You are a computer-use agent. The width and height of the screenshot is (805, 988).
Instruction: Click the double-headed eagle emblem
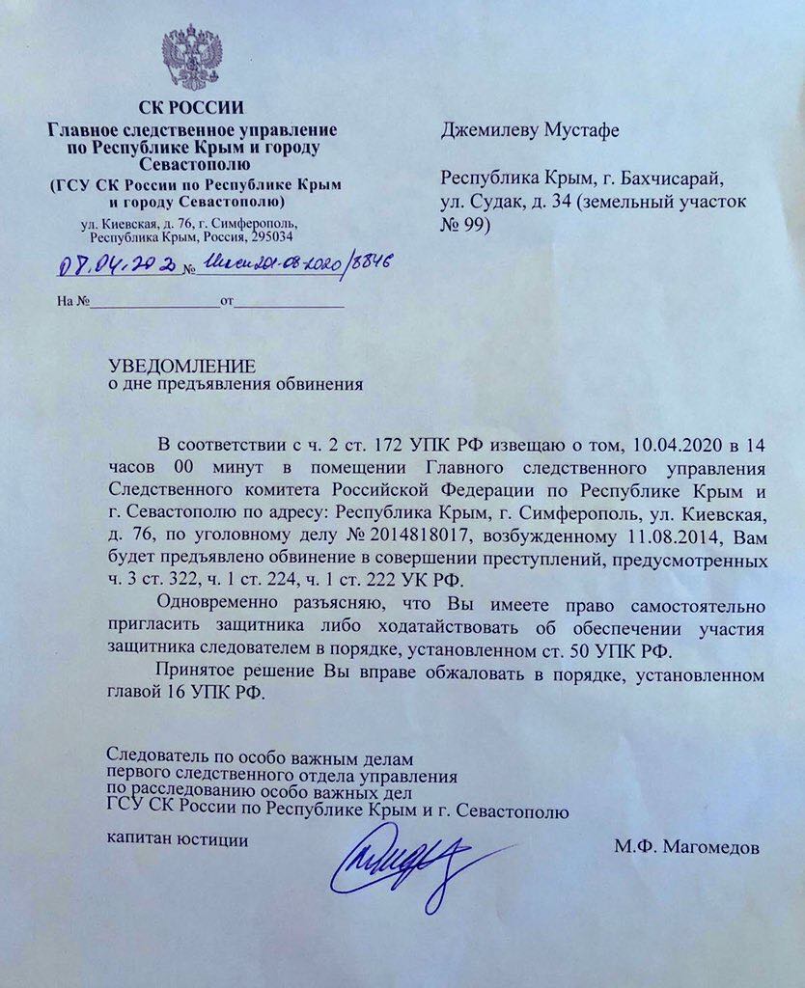(x=192, y=58)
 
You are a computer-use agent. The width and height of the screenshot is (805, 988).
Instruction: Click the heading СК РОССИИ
(x=192, y=107)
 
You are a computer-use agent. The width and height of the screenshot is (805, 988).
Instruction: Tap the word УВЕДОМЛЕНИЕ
(x=181, y=366)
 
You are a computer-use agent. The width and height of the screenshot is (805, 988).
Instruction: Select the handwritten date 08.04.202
(x=117, y=265)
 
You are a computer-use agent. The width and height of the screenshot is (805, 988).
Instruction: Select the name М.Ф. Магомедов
(x=686, y=847)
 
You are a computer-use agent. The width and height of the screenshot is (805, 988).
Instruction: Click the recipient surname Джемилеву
(x=488, y=130)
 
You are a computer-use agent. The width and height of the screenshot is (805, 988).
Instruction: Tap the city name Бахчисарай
(x=665, y=178)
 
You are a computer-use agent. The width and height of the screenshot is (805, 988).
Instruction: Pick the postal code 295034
(x=272, y=236)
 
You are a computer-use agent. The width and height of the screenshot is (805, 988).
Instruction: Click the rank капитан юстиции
(x=177, y=839)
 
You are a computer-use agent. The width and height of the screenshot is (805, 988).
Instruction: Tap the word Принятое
(x=197, y=674)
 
